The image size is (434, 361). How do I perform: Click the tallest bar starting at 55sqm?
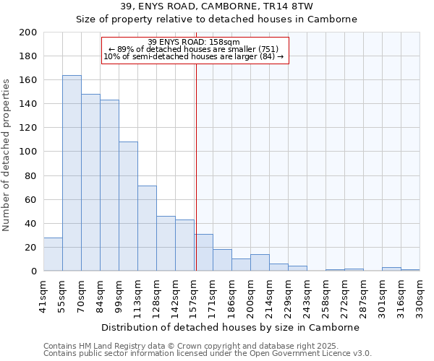click(72, 173)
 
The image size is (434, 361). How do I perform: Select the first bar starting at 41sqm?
click(53, 254)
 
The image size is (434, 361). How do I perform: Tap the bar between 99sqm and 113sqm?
click(128, 206)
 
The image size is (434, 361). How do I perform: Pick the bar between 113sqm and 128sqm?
click(147, 228)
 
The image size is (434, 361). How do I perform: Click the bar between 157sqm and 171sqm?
click(204, 253)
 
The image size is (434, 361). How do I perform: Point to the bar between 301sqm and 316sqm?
click(391, 269)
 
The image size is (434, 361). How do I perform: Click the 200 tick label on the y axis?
click(28, 32)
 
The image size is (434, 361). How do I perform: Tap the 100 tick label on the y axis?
click(28, 152)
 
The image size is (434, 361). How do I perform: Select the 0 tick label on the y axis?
click(33, 271)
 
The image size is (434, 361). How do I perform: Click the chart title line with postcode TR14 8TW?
click(217, 6)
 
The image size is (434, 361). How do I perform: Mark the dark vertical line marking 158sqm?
click(196, 166)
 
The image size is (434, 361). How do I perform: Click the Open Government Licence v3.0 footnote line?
click(208, 354)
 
